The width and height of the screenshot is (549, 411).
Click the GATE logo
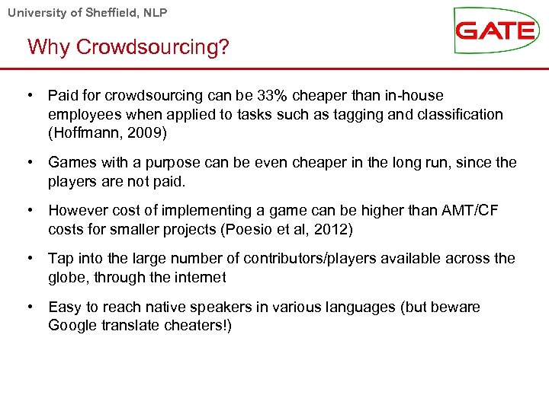pyautogui.click(x=495, y=30)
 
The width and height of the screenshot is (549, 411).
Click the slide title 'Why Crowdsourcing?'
pyautogui.click(x=128, y=47)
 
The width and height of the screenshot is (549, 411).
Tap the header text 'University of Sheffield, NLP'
pyautogui.click(x=87, y=12)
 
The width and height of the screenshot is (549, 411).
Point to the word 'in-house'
pyautogui.click(x=415, y=95)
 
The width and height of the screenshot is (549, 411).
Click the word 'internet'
pyautogui.click(x=201, y=277)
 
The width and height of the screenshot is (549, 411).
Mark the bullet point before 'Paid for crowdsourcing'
pyautogui.click(x=29, y=95)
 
